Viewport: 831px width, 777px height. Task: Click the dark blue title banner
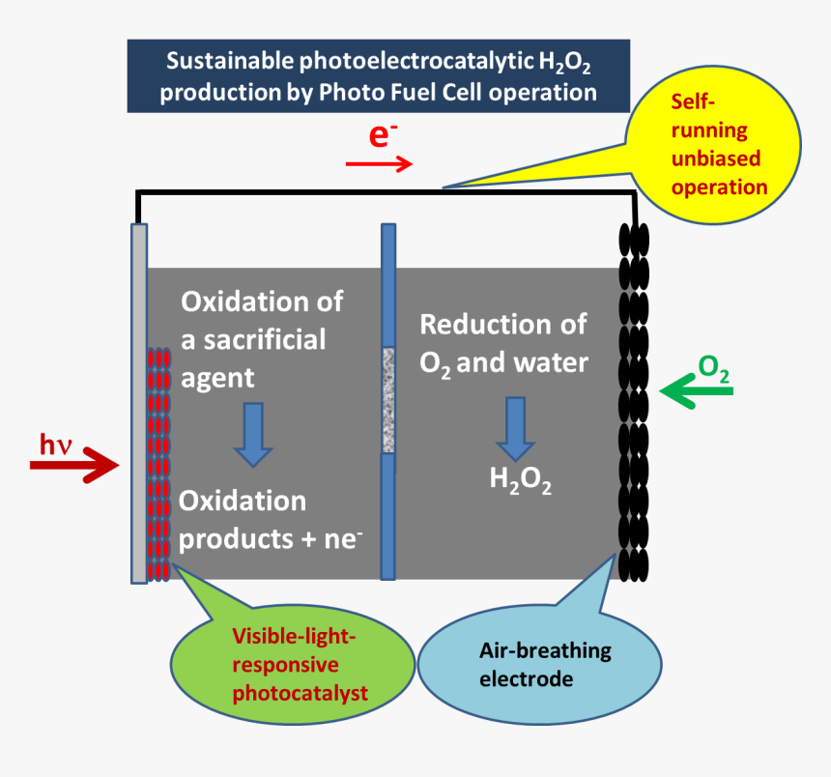pos(378,76)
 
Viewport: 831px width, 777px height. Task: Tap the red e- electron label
pos(382,136)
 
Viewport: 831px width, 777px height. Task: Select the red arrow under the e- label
pos(379,164)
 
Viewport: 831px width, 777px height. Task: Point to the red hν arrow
pos(73,468)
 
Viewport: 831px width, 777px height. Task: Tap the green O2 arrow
pos(695,391)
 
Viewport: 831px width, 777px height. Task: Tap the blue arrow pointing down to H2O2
pos(516,426)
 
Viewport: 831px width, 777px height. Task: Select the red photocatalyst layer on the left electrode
pos(158,464)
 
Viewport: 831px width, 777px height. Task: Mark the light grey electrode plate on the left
pos(138,290)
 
